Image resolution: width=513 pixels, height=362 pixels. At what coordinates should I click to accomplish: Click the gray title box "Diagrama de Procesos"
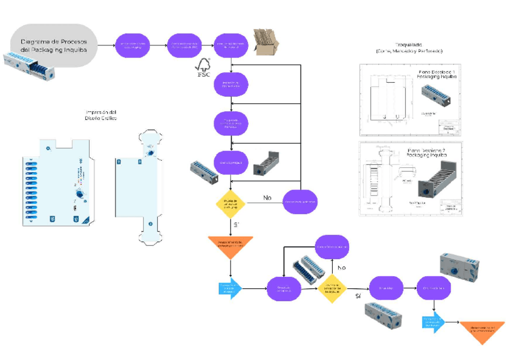(54, 45)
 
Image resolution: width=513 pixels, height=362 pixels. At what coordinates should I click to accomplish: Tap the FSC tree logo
(203, 66)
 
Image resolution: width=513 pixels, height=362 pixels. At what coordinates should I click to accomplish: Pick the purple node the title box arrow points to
(132, 45)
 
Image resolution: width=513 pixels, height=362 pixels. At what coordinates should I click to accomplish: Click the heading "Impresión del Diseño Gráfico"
(101, 115)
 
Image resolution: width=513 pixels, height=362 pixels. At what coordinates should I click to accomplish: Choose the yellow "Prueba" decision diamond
(231, 201)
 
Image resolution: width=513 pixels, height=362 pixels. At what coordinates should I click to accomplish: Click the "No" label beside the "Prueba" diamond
(267, 197)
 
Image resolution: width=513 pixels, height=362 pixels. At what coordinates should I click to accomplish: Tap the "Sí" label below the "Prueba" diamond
(237, 225)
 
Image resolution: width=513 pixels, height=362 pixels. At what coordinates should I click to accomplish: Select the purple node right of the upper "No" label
(301, 201)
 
